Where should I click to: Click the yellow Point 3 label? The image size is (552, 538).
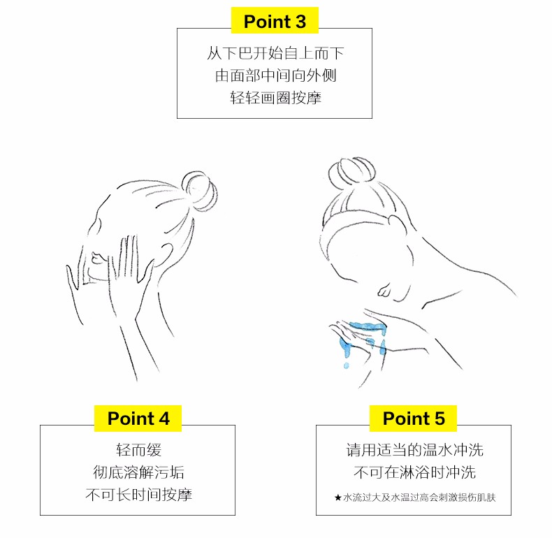point(275,20)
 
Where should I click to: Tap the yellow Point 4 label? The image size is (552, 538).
point(138,419)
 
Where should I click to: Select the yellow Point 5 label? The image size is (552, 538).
point(413,419)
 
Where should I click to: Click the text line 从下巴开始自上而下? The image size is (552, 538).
point(275,53)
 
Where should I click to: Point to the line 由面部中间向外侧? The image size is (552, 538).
point(275,75)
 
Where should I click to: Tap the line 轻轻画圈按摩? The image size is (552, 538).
point(275,98)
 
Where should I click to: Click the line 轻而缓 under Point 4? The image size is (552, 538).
point(138,450)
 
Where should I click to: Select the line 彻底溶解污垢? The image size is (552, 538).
point(138,472)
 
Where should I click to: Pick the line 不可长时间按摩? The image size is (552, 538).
point(138,495)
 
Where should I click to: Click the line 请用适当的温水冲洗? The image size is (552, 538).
point(414,450)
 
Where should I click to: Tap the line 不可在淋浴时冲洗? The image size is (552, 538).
point(414,472)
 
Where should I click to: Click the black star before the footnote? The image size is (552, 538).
point(338,497)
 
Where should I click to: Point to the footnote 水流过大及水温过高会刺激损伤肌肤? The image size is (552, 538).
point(419,497)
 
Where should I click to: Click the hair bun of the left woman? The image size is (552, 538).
point(198,191)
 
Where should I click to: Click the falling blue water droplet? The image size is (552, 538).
point(346,365)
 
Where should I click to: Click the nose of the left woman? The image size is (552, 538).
point(96,258)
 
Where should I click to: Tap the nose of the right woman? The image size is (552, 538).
point(384,290)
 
